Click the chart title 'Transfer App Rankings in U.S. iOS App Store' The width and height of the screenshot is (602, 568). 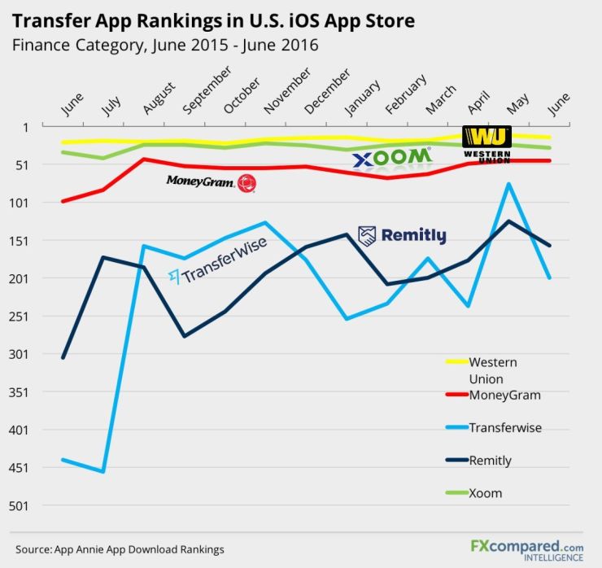pos(213,20)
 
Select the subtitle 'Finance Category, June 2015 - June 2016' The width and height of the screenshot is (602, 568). pos(165,45)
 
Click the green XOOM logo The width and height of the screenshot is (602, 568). pos(391,157)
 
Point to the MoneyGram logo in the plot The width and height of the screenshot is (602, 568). pos(211,182)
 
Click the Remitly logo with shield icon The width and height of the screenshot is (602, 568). pos(402,236)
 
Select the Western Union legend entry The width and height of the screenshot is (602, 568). pos(492,369)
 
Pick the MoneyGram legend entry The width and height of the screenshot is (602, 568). pos(504,395)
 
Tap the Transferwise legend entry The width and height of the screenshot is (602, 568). pos(504,428)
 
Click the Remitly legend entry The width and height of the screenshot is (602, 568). pos(490,461)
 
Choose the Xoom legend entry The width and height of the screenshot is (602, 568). pos(485,493)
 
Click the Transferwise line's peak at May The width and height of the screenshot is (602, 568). pos(508,184)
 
